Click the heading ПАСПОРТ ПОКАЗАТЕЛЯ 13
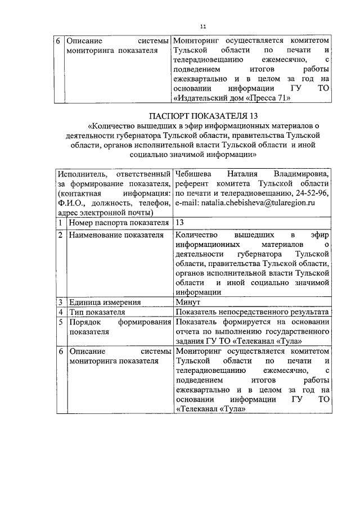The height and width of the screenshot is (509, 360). tap(204, 116)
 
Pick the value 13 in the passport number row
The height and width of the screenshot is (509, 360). tap(180, 223)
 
